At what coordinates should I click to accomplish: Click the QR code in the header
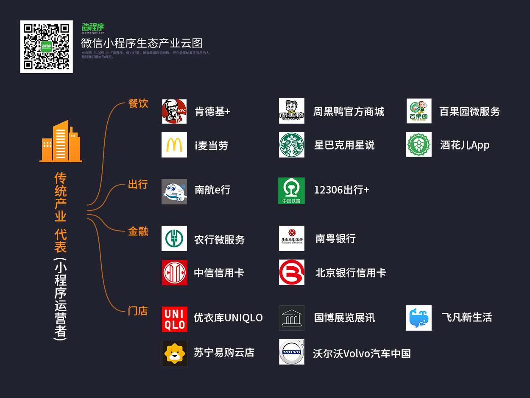[46, 47]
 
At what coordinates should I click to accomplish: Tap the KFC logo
[174, 111]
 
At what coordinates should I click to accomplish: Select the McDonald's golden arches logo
[174, 145]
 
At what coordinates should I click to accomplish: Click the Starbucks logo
[292, 145]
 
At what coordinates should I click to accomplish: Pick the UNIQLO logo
[174, 319]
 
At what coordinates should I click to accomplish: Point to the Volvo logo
[292, 352]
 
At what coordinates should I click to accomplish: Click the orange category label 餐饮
[138, 103]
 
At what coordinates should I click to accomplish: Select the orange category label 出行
[138, 184]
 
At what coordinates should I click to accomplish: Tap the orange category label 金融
[138, 231]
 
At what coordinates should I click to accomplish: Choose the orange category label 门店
[138, 311]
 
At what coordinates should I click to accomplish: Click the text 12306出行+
[341, 190]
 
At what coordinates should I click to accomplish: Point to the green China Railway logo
[291, 191]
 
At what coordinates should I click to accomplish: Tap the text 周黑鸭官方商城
[349, 111]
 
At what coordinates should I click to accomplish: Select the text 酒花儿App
[465, 145]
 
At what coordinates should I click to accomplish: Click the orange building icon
[61, 141]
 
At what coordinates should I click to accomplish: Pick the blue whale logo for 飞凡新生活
[419, 318]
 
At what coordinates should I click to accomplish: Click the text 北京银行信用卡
[351, 273]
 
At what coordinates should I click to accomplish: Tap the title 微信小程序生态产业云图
[142, 43]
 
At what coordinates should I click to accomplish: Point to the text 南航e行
[212, 190]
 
